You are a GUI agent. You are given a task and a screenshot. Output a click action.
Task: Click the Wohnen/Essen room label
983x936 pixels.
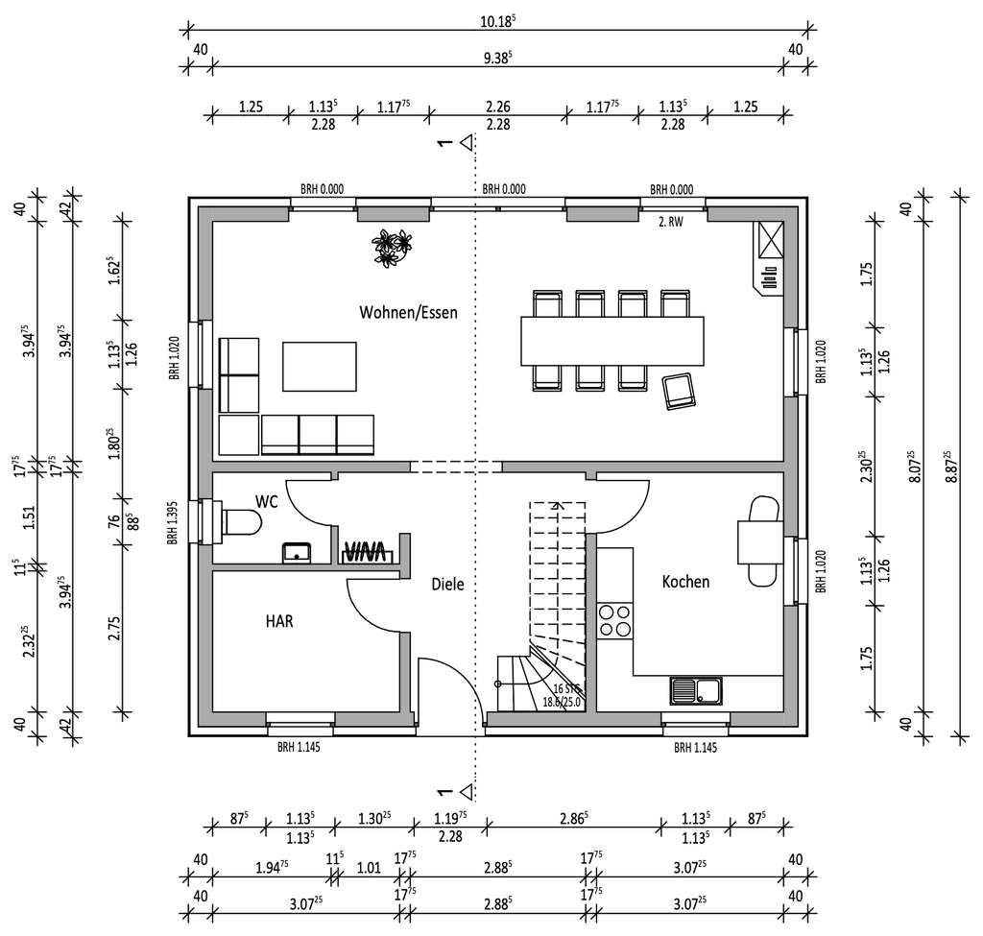(x=408, y=312)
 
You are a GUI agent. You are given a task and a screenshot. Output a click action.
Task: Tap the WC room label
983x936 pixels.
(x=266, y=501)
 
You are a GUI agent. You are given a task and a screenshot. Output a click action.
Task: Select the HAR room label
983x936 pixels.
(x=279, y=621)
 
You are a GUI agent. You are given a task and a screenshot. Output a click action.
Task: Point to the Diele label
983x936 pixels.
(x=447, y=584)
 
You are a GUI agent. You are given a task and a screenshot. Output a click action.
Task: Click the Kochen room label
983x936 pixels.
(x=685, y=582)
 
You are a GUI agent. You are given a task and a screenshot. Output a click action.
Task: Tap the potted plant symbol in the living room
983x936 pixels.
(x=393, y=247)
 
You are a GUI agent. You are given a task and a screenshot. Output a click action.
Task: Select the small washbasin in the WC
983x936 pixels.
(x=298, y=551)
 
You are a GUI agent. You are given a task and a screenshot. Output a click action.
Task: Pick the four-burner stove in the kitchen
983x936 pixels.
(x=614, y=620)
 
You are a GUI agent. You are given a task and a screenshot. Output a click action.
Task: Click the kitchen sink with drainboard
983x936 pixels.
(x=696, y=689)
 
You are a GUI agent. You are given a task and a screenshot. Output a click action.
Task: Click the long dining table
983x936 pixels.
(x=612, y=341)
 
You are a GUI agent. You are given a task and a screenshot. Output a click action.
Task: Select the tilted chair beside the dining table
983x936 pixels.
(x=680, y=391)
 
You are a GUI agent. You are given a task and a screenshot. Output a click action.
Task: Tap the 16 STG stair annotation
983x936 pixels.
(x=565, y=689)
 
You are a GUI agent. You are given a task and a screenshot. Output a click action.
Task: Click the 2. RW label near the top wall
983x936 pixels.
(x=670, y=221)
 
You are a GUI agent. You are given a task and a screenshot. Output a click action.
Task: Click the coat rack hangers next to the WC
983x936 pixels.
(x=365, y=551)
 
